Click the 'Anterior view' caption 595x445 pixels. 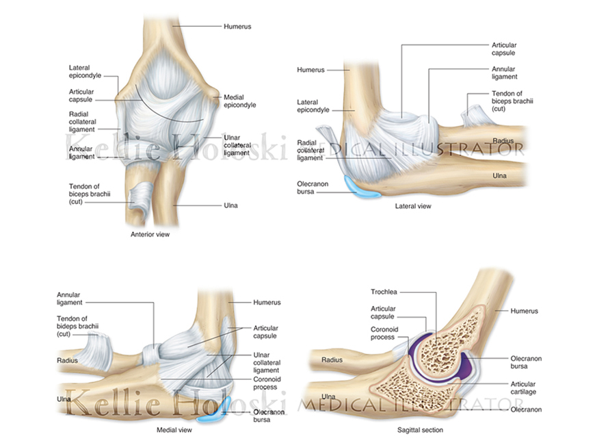tap(150, 234)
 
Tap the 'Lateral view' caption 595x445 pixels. tap(413, 206)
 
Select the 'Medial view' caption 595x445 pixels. tap(174, 430)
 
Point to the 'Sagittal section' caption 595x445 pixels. tap(420, 430)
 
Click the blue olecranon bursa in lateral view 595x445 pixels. tap(361, 188)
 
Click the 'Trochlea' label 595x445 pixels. tap(384, 292)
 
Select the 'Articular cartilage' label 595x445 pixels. tap(523, 388)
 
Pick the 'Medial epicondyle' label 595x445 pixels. tap(240, 101)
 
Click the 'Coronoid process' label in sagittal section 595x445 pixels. tap(384, 333)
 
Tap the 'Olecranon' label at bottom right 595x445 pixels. tap(526, 409)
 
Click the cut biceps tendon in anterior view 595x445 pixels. tap(141, 199)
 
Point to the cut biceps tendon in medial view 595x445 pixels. tap(97, 351)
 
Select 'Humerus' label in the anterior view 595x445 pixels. tap(237, 27)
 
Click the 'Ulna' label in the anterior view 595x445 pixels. tap(230, 205)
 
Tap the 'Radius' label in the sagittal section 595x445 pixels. tap(332, 360)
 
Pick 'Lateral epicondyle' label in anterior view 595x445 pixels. tap(85, 71)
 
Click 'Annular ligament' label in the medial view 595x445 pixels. tap(70, 298)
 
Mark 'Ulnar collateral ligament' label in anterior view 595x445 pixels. tap(237, 145)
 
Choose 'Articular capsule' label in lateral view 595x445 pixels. tap(504, 49)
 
